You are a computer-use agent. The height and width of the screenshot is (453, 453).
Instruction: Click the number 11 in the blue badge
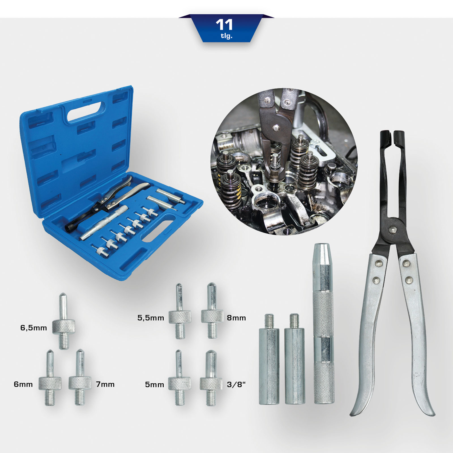224,25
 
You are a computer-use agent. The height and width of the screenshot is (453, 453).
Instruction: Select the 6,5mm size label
34,328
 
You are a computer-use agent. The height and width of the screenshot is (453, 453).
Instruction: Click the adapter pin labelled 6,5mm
64,321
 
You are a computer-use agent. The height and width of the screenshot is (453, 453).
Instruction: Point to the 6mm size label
23,384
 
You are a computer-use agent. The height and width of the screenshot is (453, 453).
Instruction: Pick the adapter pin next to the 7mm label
80,377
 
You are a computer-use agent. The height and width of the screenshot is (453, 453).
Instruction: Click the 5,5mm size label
151,318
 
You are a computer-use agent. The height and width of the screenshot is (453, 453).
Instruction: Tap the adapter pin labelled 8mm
212,310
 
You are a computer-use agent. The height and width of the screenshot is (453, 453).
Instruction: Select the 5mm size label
155,385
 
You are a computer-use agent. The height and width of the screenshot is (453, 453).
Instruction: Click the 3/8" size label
236,384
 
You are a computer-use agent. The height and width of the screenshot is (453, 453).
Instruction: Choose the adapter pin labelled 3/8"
211,378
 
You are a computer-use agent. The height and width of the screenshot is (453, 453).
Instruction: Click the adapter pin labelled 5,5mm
180,311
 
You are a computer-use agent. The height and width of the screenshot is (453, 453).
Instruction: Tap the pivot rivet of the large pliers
392,230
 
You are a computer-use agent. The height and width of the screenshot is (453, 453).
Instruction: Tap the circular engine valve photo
284,162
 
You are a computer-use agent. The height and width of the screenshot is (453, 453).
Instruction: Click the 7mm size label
105,384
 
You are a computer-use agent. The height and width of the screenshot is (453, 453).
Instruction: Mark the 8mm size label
236,318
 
